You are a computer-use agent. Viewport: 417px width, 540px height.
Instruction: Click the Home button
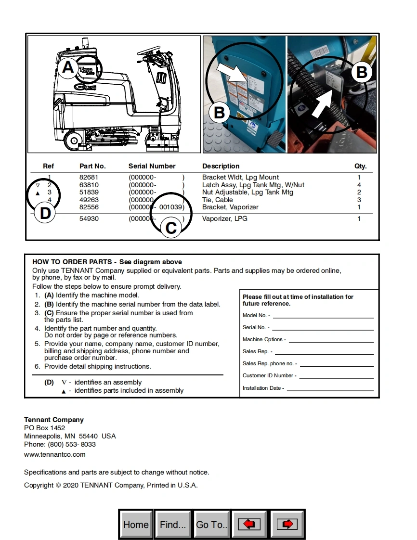[x=136, y=524]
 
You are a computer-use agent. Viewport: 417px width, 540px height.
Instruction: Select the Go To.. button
[x=211, y=524]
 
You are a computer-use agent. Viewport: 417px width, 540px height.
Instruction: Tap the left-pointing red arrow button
[x=249, y=524]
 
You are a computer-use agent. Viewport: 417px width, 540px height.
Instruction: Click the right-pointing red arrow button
[x=287, y=524]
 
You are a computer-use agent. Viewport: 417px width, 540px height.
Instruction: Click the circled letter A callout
[x=68, y=67]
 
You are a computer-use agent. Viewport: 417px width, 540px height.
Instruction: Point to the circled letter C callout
[x=171, y=228]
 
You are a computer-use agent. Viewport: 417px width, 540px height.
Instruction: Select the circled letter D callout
[x=45, y=213]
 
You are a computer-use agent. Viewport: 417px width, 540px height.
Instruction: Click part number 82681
[x=89, y=178]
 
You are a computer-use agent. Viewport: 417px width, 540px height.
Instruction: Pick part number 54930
[x=89, y=219]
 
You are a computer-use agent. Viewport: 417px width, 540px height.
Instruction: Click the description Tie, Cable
[x=217, y=200]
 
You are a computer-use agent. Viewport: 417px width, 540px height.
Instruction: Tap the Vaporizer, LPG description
[x=225, y=219]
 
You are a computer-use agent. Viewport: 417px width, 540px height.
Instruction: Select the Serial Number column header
[x=152, y=166]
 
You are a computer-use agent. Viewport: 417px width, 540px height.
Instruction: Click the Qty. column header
[x=360, y=166]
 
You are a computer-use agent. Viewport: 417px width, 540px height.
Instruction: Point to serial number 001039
[x=170, y=207]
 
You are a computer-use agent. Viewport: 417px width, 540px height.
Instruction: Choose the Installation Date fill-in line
[x=330, y=388]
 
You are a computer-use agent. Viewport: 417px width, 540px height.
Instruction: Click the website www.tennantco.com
[x=55, y=454]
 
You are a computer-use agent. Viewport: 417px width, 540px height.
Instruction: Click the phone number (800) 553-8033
[x=72, y=444]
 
